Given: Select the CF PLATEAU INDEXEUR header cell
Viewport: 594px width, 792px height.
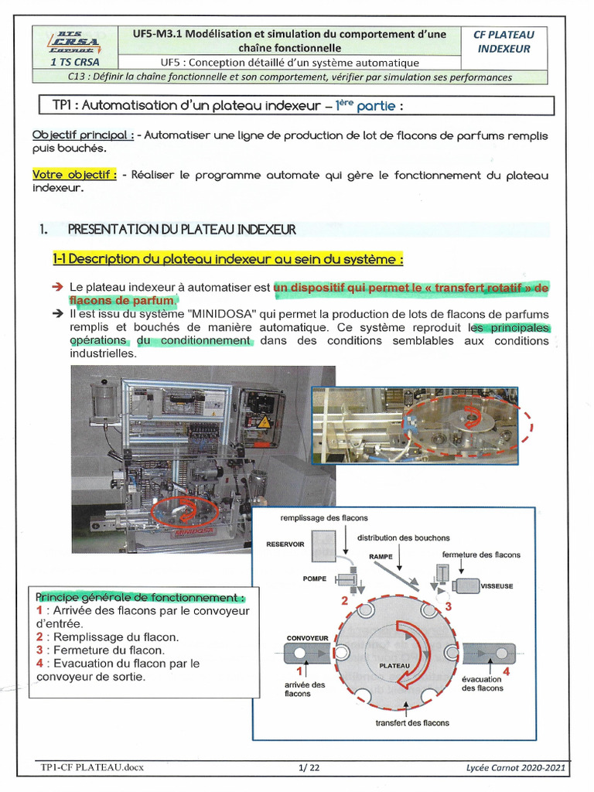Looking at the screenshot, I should tap(504, 41).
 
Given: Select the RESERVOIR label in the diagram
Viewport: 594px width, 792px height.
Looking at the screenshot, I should tap(285, 544).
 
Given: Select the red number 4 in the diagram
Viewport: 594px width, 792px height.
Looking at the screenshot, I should tap(506, 671).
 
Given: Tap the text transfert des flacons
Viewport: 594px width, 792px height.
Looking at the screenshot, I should tap(412, 723).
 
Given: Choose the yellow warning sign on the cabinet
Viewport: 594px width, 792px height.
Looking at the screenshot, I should tap(264, 422).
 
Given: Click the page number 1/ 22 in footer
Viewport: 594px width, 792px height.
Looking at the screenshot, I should tap(309, 767).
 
